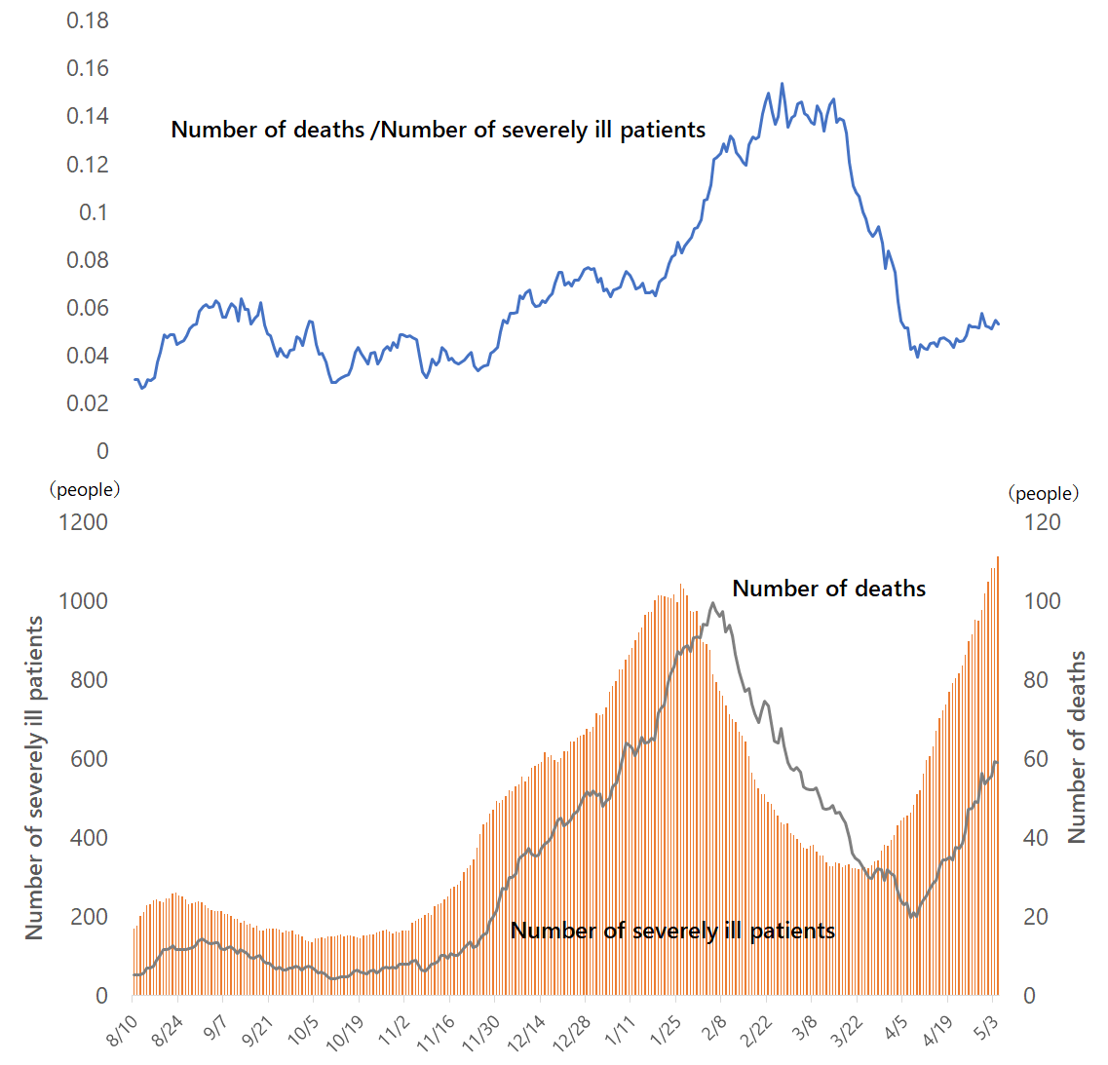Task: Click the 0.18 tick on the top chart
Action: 87,20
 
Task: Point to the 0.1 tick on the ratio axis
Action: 94,212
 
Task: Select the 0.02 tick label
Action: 87,403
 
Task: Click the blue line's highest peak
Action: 782,85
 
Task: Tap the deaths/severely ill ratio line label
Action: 438,130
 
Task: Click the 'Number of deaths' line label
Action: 828,589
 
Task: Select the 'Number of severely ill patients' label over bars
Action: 672,931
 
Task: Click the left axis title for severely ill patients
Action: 35,778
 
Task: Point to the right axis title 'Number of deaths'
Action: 1077,747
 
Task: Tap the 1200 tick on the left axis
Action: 83,522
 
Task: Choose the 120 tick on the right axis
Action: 1043,522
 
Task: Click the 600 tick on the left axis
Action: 89,759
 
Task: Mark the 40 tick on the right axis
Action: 1042,838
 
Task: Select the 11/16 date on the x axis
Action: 436,1033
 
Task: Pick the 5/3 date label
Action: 986,1028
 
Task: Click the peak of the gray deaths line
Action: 713,603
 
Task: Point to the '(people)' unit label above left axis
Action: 85,489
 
